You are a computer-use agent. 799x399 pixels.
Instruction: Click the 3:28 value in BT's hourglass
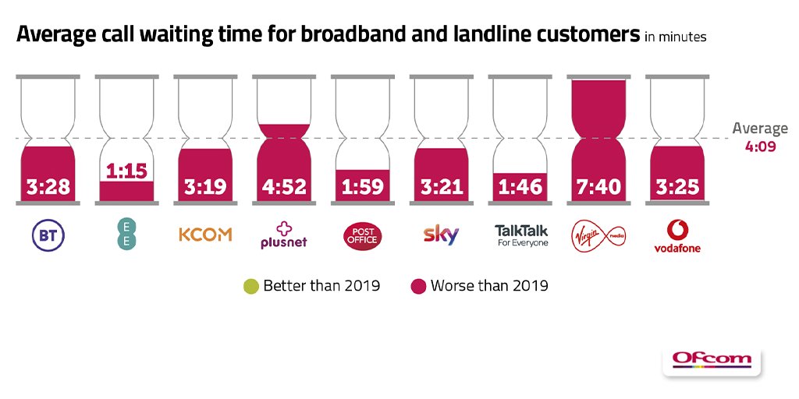pos(48,187)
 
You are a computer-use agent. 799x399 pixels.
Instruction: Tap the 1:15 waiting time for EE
pos(127,171)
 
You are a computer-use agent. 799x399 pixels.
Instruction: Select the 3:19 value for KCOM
pos(206,187)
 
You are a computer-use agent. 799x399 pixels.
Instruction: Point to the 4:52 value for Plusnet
pos(284,187)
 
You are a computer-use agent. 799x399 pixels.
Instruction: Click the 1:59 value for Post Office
pos(363,187)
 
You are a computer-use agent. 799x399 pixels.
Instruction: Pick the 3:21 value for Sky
pos(442,187)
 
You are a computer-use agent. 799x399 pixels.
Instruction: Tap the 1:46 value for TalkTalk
pos(520,187)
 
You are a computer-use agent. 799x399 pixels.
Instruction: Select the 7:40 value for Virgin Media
pos(599,187)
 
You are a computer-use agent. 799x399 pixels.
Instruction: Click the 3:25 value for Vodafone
pos(677,187)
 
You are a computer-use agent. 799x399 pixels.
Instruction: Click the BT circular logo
pos(48,235)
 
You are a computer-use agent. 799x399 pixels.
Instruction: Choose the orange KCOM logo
pos(206,235)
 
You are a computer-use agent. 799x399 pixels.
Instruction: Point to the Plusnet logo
pos(284,235)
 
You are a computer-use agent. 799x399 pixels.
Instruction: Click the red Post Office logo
pos(363,235)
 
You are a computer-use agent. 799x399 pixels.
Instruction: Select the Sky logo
pos(442,235)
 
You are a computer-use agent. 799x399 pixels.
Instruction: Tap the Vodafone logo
pos(677,236)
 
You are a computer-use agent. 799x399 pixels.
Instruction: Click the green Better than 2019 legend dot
pos(250,286)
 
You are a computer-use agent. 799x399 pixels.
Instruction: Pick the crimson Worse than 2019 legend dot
pos(418,286)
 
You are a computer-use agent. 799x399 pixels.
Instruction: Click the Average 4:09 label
pos(759,136)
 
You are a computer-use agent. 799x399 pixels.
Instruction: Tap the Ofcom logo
pos(712,359)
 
